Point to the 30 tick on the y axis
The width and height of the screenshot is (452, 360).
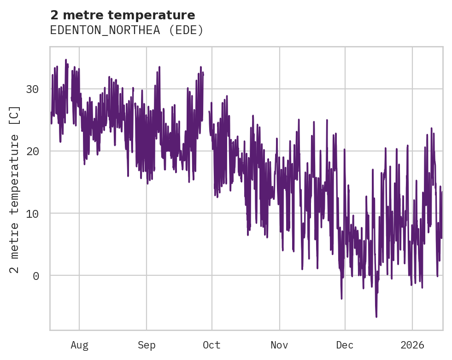[32, 89]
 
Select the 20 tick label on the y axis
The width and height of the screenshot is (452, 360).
[32, 151]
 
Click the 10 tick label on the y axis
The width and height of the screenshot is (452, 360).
[32, 213]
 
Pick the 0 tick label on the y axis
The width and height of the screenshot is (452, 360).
[35, 276]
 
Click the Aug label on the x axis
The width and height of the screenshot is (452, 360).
[79, 345]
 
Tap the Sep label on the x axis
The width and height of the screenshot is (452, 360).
[147, 345]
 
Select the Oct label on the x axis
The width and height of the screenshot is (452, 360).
[211, 345]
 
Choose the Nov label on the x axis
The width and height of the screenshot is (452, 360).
[279, 345]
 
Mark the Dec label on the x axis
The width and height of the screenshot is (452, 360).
[345, 345]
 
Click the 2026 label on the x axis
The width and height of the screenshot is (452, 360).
[412, 345]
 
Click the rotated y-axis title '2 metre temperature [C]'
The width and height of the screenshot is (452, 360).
[15, 189]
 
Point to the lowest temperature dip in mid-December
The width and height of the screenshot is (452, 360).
[376, 317]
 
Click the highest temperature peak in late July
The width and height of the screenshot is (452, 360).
[66, 60]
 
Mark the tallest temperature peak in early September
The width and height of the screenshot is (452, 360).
[159, 67]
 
